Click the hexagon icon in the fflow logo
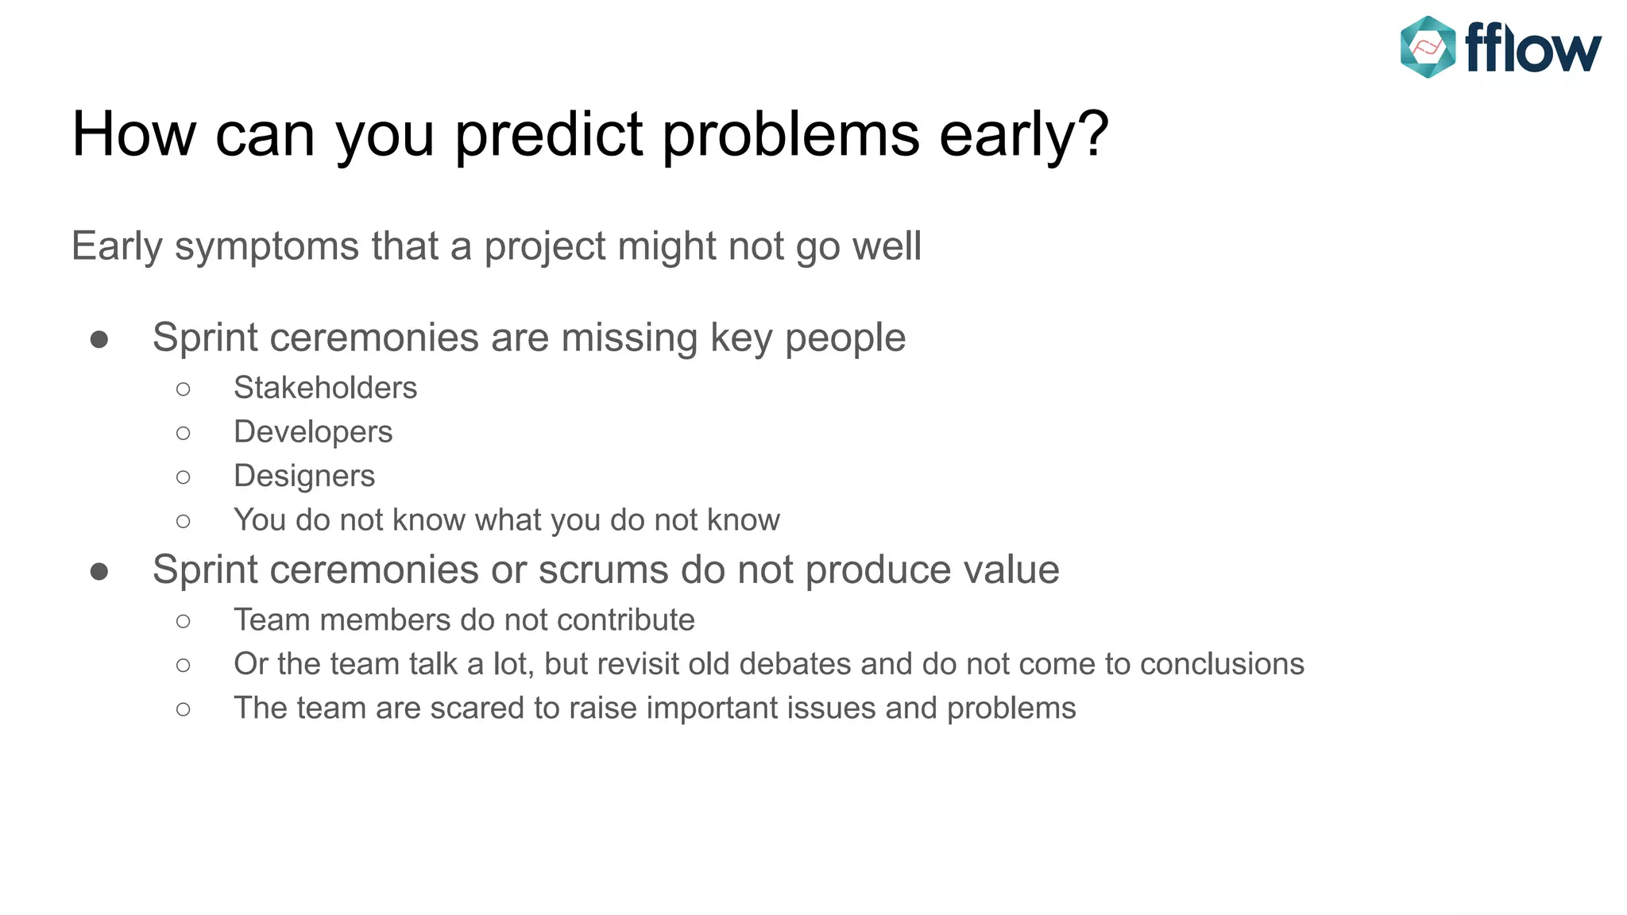(1428, 48)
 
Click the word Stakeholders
(325, 388)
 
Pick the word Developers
(313, 432)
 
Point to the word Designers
(304, 476)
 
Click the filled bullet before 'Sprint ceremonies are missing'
(99, 340)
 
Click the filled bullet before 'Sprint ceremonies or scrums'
(99, 572)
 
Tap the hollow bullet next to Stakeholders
(184, 389)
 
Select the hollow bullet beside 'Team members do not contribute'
(184, 621)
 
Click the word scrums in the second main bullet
(604, 570)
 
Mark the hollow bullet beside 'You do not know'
(184, 522)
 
